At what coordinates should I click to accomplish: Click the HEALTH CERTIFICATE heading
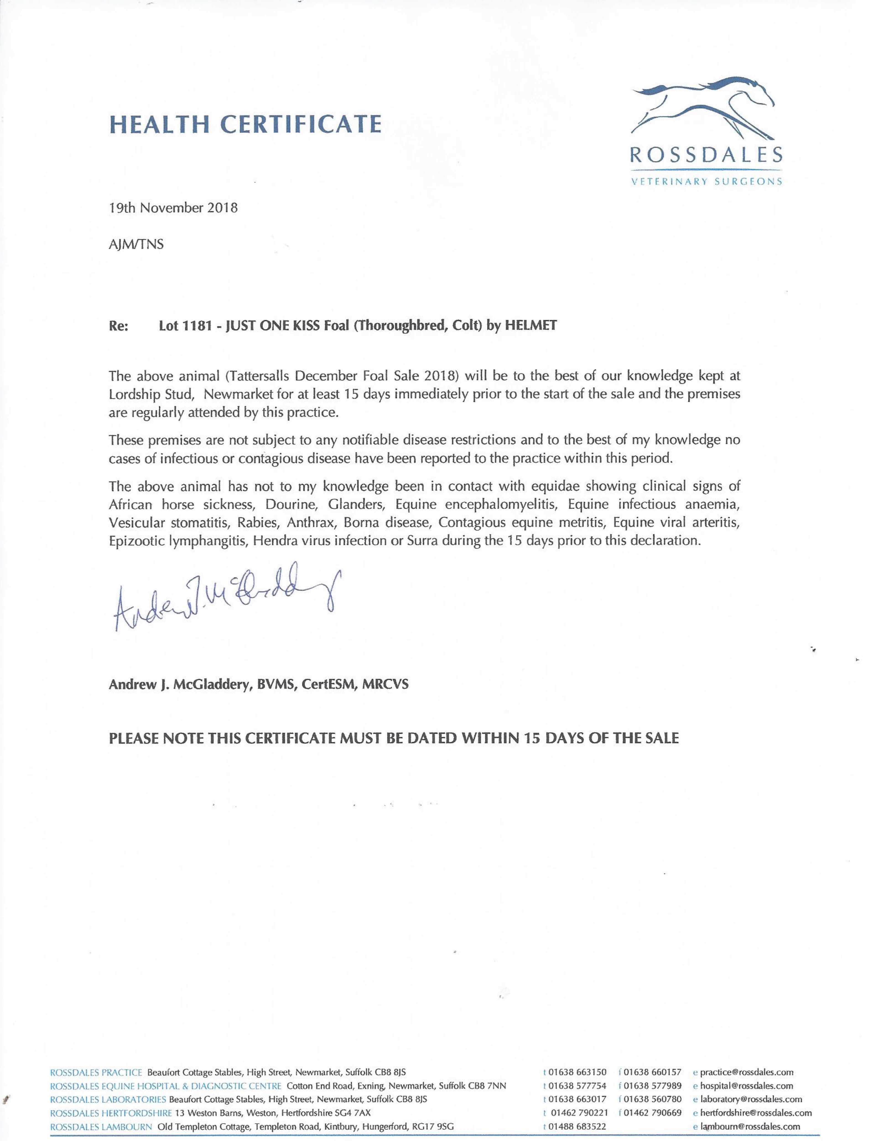click(x=245, y=124)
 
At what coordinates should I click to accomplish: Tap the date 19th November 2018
click(x=173, y=208)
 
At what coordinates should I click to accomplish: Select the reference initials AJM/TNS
click(x=136, y=244)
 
